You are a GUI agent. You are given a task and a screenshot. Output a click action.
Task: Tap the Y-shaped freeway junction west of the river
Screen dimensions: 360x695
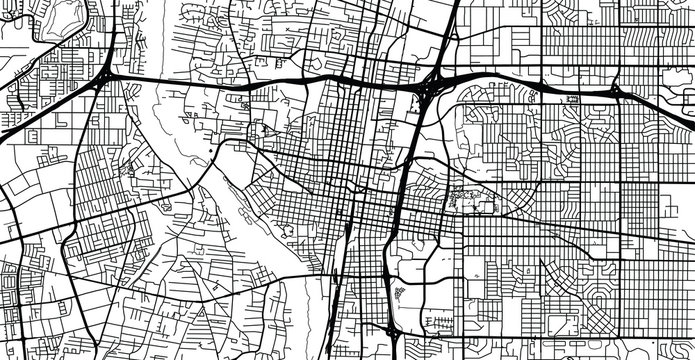click(x=106, y=75)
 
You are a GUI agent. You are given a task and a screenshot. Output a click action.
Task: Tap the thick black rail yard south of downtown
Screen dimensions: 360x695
click(x=345, y=250)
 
